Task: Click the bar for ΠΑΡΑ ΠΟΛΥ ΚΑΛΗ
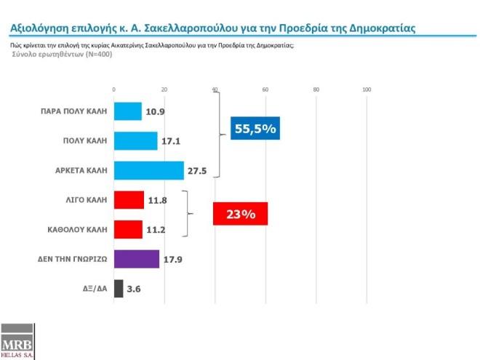point(128,111)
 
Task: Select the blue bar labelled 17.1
point(136,140)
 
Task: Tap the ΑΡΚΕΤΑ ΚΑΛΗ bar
point(149,170)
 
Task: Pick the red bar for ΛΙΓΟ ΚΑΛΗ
point(129,199)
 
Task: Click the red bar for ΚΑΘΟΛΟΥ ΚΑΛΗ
point(129,229)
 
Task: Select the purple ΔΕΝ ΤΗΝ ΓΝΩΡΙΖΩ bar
point(137,259)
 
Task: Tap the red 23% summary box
point(240,215)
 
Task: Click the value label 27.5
point(198,171)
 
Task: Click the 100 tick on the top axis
point(367,89)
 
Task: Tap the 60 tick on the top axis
point(265,89)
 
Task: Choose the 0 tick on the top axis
point(114,89)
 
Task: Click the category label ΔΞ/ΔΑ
point(93,289)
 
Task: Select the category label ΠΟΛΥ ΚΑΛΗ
point(85,141)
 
